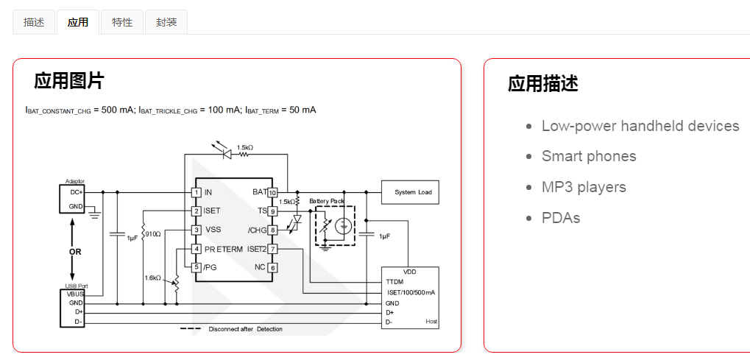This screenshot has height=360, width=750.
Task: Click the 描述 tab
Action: click(x=34, y=22)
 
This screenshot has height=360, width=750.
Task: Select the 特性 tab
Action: click(x=122, y=22)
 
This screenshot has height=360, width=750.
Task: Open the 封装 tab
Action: click(x=166, y=22)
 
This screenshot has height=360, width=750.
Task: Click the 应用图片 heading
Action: click(x=69, y=81)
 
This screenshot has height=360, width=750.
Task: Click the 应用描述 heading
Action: click(x=543, y=84)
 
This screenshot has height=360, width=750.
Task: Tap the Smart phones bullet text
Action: click(x=589, y=156)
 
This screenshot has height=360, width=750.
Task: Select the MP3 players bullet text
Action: click(x=584, y=187)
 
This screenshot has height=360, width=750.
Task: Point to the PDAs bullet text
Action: click(x=561, y=218)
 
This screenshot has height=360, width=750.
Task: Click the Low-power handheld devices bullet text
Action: click(x=640, y=126)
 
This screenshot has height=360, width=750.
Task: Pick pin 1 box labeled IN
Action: click(x=196, y=192)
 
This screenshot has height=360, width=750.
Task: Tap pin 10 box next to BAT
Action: click(x=272, y=193)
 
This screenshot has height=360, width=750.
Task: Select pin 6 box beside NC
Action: click(x=272, y=268)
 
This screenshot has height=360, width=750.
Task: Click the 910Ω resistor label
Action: click(x=153, y=234)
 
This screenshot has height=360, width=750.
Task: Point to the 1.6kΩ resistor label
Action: click(x=152, y=278)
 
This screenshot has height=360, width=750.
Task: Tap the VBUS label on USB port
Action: click(x=75, y=294)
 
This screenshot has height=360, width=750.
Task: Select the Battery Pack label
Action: click(x=327, y=201)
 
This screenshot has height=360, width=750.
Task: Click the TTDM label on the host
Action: click(x=395, y=282)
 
